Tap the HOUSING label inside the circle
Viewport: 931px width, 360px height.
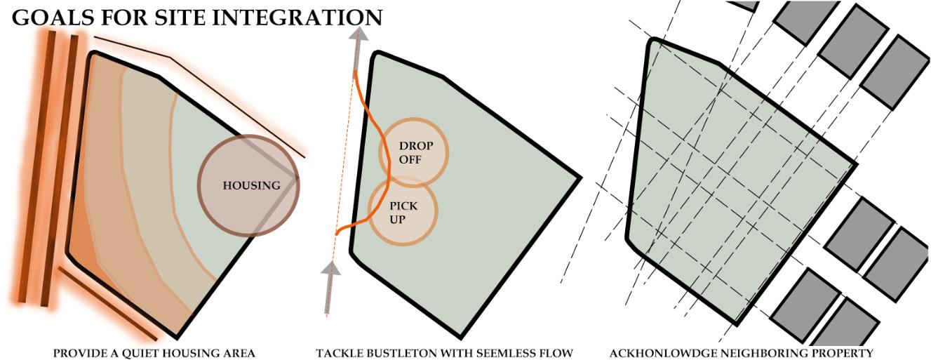tap(251, 186)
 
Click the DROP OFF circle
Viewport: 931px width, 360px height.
tap(415, 154)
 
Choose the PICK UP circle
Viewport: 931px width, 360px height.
tap(403, 212)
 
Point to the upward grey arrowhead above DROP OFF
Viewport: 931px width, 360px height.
tap(359, 36)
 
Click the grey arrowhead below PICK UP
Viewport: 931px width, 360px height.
tap(330, 268)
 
